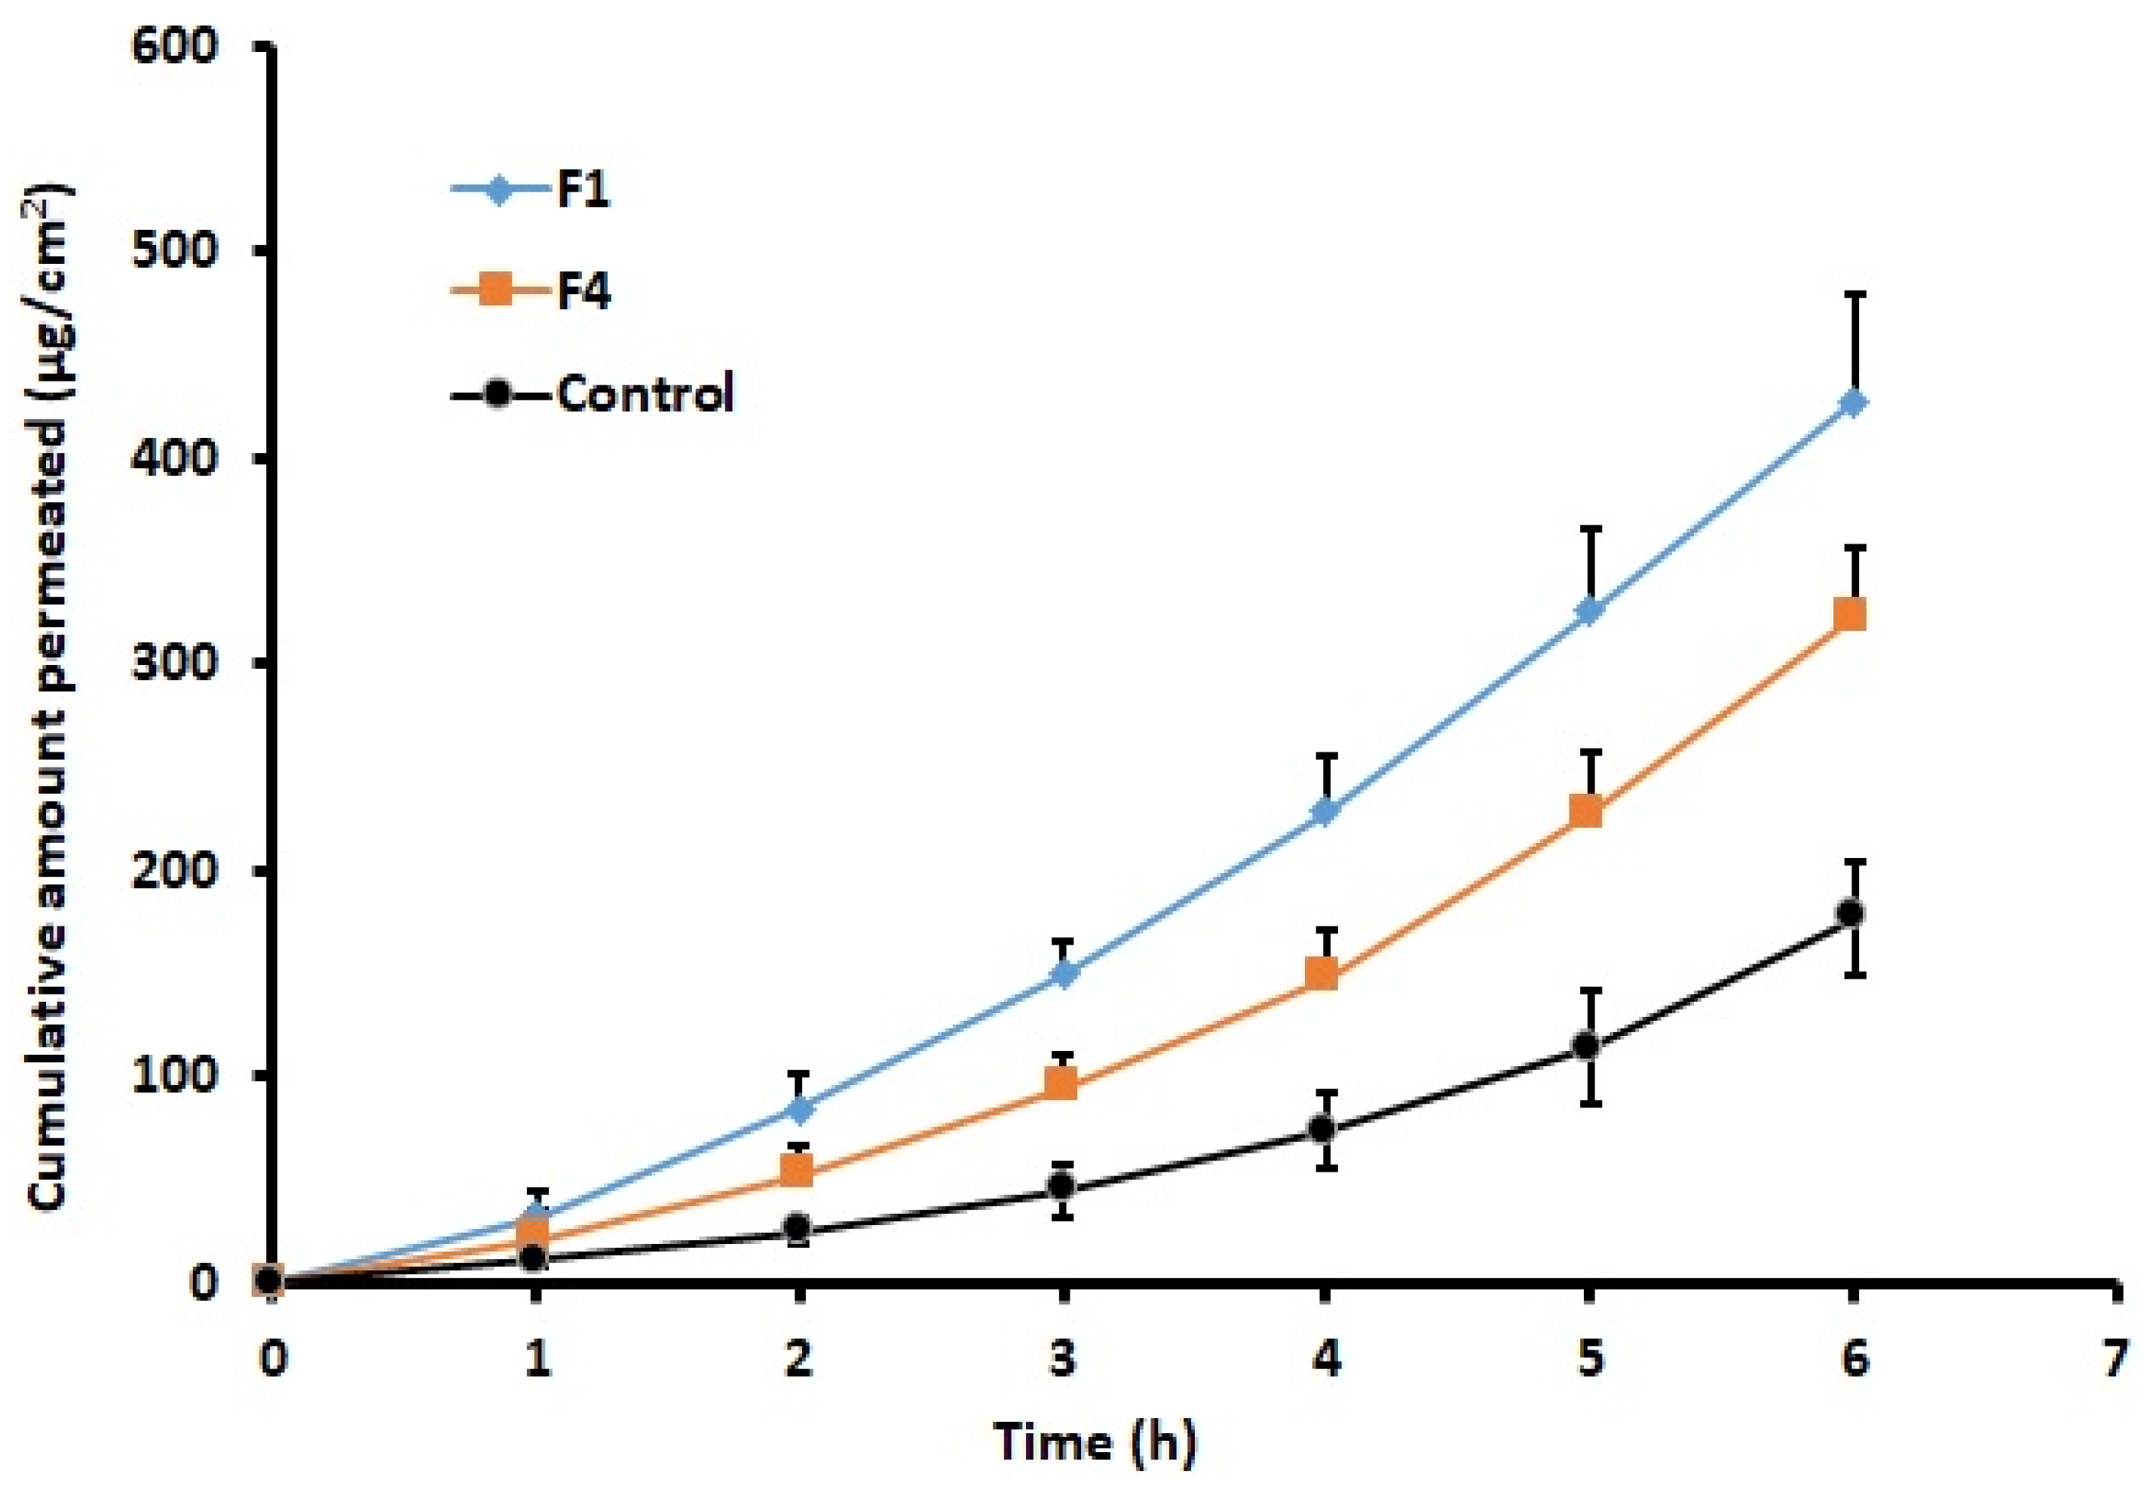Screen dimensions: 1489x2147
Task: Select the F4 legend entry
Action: pos(531,291)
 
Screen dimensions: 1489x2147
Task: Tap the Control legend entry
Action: pos(593,393)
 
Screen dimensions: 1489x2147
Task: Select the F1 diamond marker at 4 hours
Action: pos(1325,810)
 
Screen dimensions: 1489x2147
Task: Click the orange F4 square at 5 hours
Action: pos(1589,810)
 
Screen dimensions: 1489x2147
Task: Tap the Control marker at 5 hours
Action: pos(1589,1045)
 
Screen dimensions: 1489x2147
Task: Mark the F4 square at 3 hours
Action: pos(1062,1083)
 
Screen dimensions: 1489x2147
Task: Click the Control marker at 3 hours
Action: pos(1062,1186)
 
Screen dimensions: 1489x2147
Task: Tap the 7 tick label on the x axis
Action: pos(2116,1359)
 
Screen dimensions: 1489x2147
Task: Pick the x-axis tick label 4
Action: pos(1325,1359)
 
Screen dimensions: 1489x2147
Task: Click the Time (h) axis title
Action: pos(1093,1442)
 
